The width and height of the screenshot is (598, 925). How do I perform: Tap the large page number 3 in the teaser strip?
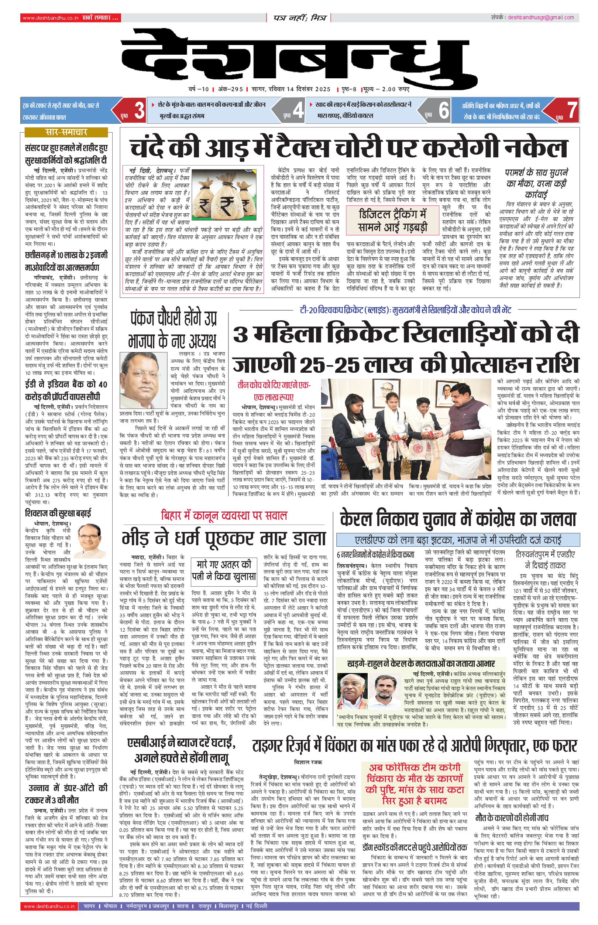[x=139, y=110]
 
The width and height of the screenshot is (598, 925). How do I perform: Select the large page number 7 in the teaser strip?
[x=571, y=110]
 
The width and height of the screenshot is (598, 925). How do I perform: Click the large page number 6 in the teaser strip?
[x=443, y=110]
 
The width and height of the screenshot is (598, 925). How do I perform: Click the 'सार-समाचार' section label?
[x=66, y=132]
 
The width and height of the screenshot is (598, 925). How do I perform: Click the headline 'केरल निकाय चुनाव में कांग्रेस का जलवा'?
[x=458, y=519]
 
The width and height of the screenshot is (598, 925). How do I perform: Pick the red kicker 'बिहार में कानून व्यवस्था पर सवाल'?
[x=224, y=516]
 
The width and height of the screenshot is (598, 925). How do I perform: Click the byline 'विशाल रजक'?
[x=308, y=762]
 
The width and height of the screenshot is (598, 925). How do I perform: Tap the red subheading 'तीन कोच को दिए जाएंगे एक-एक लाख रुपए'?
[x=274, y=391]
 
